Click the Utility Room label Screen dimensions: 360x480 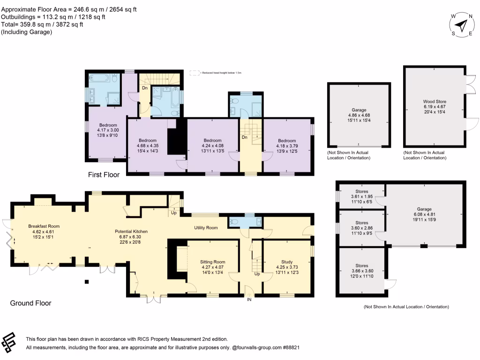coord(206,227)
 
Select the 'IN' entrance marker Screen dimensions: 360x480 coord(249,300)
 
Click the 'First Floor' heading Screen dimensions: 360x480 coord(104,175)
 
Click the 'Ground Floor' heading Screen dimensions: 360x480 coord(30,303)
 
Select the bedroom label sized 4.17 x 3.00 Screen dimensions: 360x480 coord(109,130)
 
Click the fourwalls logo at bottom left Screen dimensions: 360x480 coord(11,343)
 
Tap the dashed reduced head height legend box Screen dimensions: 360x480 coord(194,73)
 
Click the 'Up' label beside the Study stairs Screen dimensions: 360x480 coord(257,273)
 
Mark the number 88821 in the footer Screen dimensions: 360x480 coord(291,348)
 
